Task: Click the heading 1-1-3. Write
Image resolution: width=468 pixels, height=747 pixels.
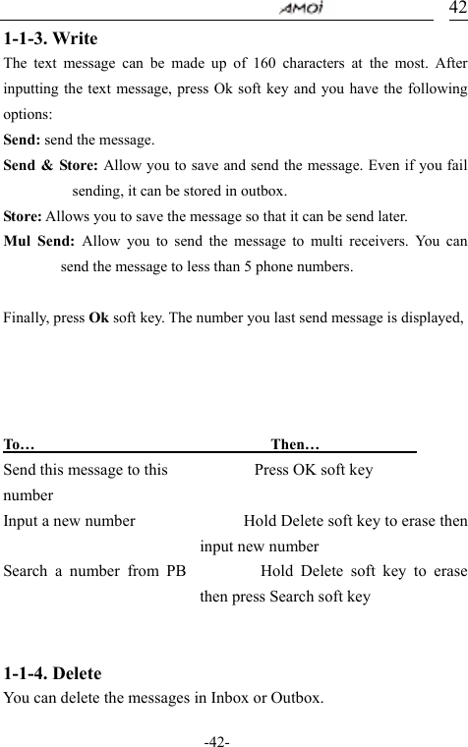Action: tap(50, 39)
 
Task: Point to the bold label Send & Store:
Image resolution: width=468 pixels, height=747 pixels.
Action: tap(49, 165)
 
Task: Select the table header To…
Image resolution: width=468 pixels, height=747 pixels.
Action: tap(21, 446)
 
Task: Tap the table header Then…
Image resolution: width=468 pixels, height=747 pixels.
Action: tap(294, 446)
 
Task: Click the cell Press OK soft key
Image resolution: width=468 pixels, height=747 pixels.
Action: tap(314, 470)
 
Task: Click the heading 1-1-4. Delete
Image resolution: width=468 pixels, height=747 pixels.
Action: tap(53, 674)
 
